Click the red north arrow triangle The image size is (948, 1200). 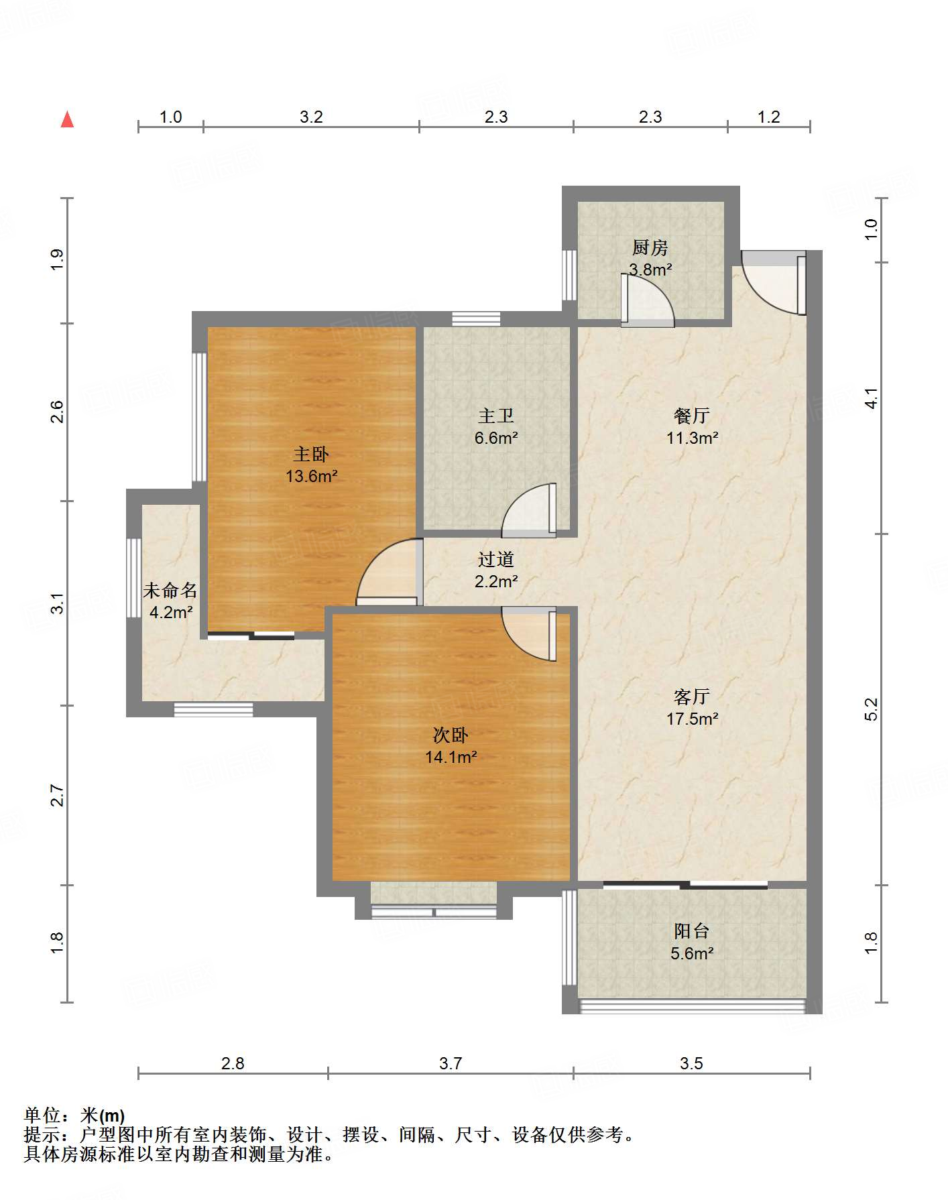click(x=67, y=119)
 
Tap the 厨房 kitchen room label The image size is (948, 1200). click(x=650, y=248)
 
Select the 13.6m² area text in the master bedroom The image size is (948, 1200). click(x=311, y=477)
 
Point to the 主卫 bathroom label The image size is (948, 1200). click(x=496, y=416)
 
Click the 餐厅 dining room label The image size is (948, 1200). click(x=692, y=416)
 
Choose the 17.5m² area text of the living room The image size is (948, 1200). click(x=692, y=719)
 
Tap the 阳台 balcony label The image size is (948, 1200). click(x=692, y=931)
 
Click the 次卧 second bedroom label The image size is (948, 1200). click(x=451, y=735)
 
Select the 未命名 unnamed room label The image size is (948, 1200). click(x=170, y=591)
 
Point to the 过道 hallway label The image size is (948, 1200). click(x=496, y=560)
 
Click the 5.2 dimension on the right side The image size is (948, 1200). click(x=870, y=709)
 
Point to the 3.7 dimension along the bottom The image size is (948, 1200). click(x=451, y=1063)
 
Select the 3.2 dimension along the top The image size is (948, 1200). click(x=311, y=117)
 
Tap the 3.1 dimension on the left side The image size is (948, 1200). click(x=58, y=603)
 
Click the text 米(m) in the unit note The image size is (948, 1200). click(x=103, y=1116)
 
